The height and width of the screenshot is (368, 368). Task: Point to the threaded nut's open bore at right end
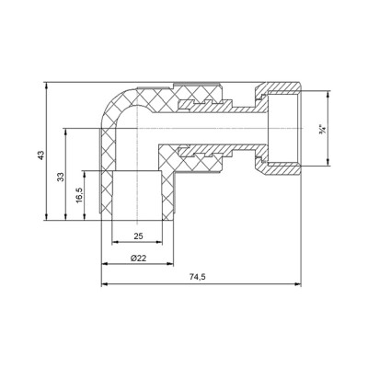[285, 128]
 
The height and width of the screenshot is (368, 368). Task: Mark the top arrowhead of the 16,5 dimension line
[85, 171]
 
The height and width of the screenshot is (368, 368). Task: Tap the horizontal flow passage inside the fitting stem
[202, 129]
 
